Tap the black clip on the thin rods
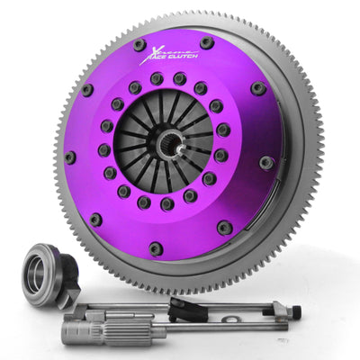point(184,308)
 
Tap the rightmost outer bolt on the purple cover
point(266,162)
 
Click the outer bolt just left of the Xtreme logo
point(139,44)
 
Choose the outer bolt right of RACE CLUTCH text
point(207,42)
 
